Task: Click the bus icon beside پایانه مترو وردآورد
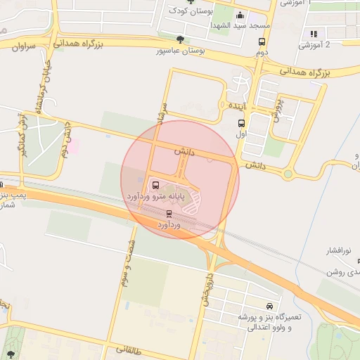pos(155,186)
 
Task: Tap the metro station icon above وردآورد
pos(169,213)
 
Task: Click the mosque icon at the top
pos(240,15)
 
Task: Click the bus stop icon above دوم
pos(262,41)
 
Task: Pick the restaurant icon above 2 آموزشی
pos(314,34)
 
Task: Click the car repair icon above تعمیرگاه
pos(269,307)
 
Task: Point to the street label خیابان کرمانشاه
pos(38,88)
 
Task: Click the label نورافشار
pos(341,250)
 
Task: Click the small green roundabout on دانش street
pos(288,174)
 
